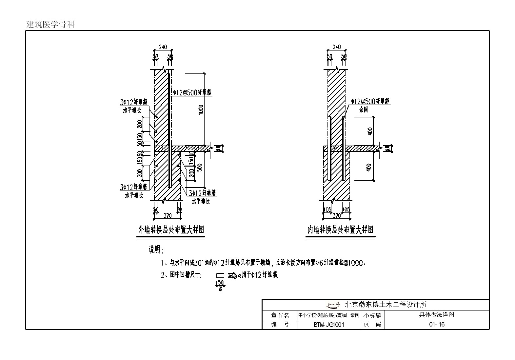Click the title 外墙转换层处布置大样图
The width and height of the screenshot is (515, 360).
171,230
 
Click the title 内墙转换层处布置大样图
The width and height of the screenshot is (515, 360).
340,230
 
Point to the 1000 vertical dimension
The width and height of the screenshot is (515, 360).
201,110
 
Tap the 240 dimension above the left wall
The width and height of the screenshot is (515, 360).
163,47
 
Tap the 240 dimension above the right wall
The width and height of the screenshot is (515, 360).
336,47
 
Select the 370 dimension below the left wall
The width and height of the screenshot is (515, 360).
168,215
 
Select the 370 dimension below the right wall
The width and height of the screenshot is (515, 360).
337,215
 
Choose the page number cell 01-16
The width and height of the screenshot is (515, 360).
437,325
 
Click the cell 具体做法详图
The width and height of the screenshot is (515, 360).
437,315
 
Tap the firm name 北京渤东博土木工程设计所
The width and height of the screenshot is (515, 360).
386,305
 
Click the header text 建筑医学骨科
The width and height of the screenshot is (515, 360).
50,24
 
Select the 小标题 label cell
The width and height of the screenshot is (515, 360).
372,315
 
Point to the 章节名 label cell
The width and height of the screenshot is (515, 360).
280,315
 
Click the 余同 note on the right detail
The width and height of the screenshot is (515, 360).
363,110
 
